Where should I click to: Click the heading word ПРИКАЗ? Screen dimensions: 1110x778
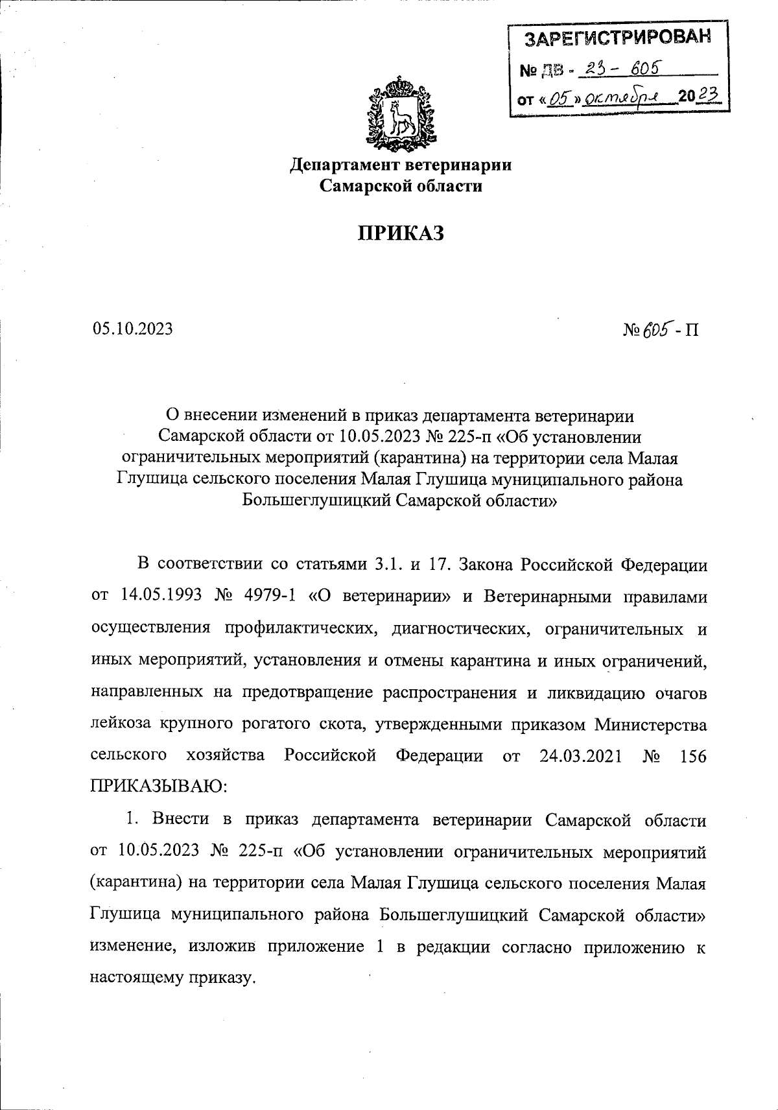click(x=401, y=233)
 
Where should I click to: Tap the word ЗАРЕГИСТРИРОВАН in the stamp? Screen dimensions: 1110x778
click(x=617, y=38)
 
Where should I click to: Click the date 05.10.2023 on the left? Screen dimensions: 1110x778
click(x=133, y=329)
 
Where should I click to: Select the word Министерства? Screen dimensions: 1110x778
click(x=651, y=724)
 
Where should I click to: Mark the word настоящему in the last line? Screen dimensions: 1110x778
click(x=137, y=978)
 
